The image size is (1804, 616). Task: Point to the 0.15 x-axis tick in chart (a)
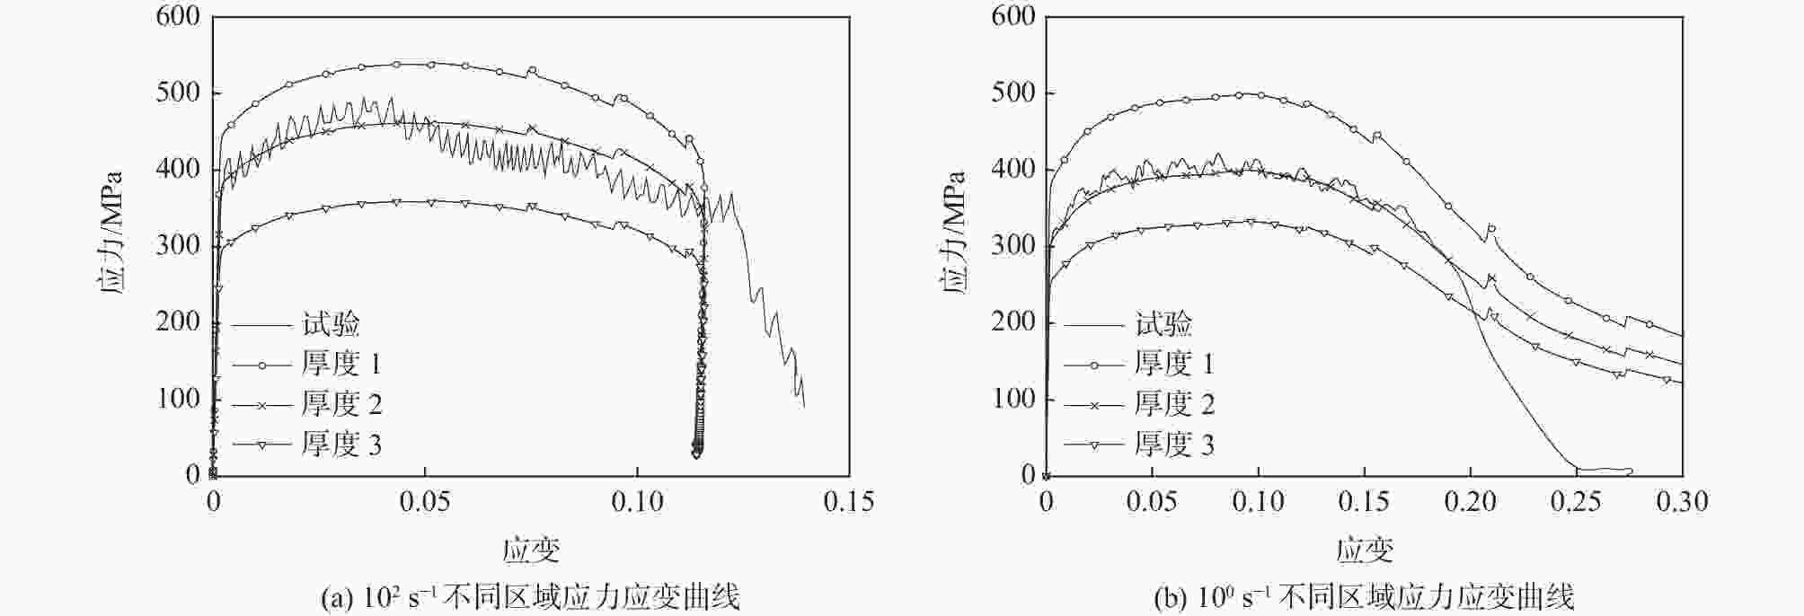(x=848, y=501)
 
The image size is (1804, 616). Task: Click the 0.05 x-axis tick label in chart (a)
(x=424, y=501)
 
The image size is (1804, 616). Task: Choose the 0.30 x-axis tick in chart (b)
(x=1682, y=501)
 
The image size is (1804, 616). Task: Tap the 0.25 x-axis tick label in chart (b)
(x=1576, y=501)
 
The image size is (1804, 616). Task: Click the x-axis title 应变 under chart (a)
(x=531, y=550)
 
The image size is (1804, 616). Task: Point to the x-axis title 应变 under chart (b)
(x=1364, y=550)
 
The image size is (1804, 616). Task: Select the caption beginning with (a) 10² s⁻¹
(x=530, y=597)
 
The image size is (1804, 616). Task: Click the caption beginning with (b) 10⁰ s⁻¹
(x=1364, y=597)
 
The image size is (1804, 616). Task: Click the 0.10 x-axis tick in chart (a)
(x=637, y=501)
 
